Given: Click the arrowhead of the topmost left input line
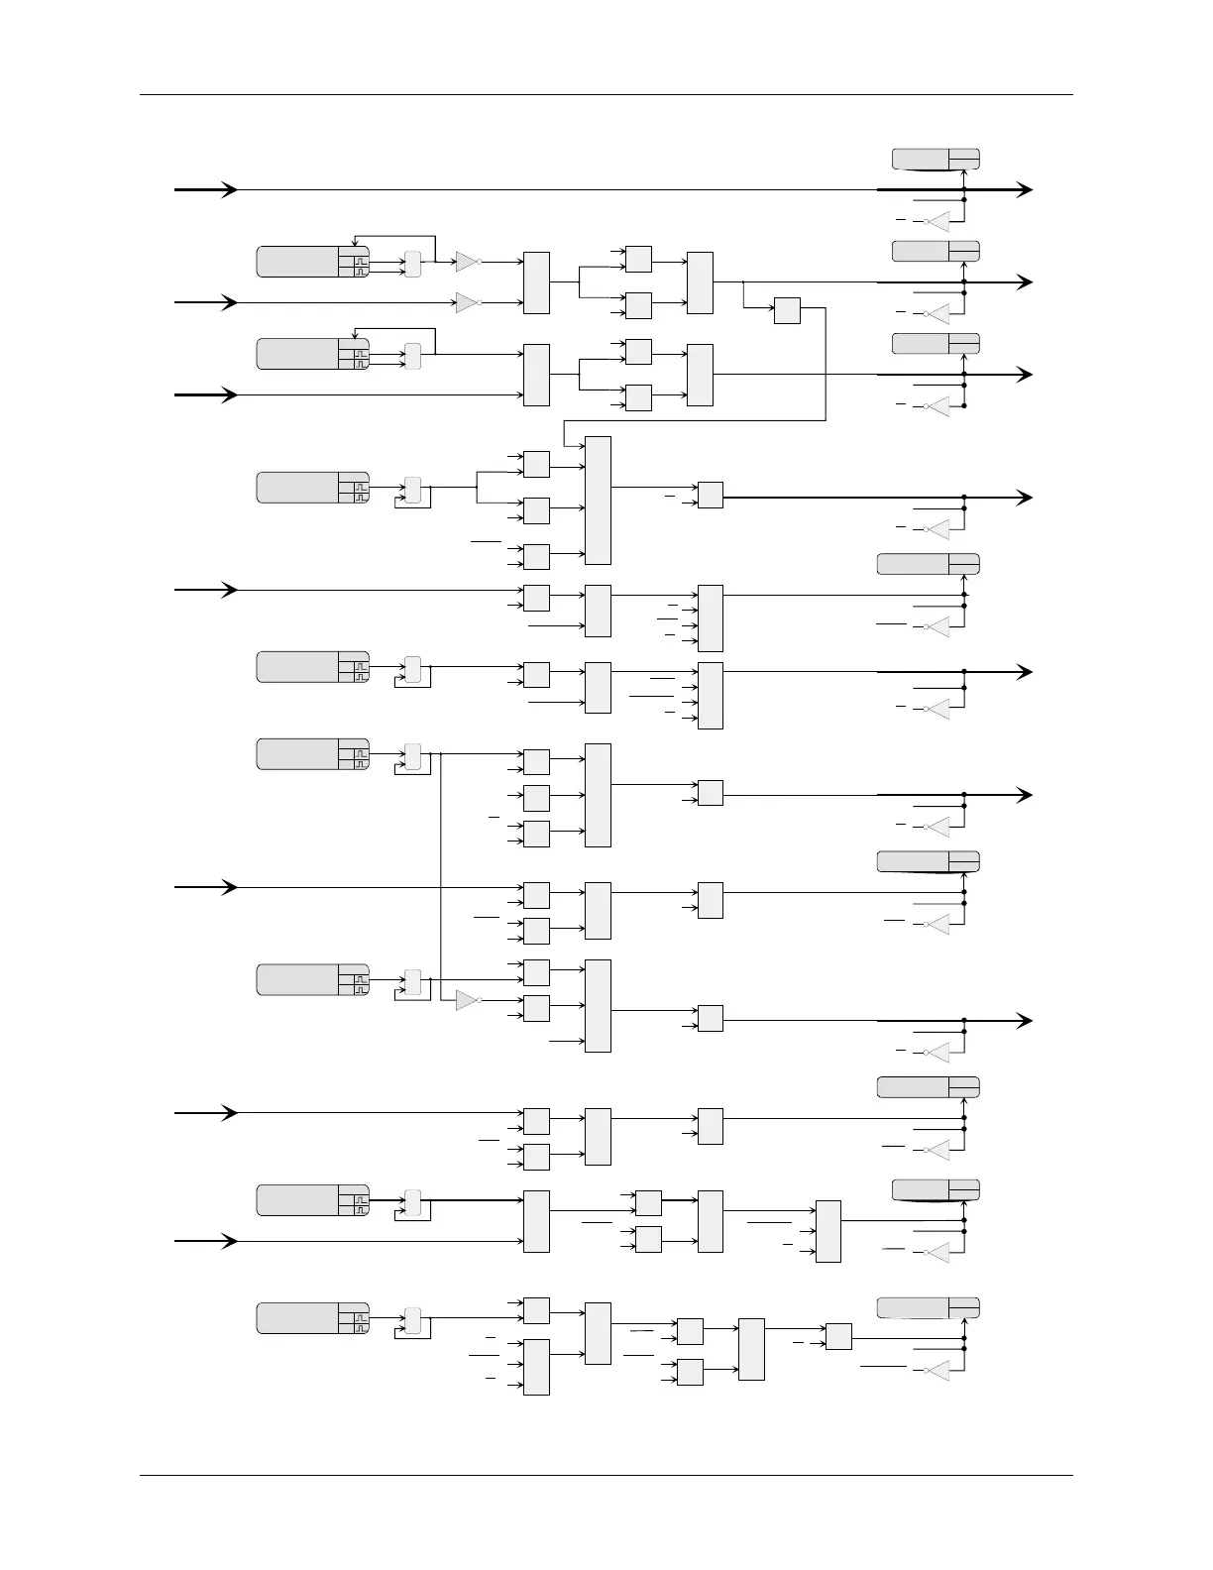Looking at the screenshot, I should tap(230, 189).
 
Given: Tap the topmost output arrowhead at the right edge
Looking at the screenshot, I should tap(1025, 189).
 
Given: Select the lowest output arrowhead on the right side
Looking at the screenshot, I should tap(1025, 1021).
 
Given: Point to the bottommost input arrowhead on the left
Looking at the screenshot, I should tap(230, 1241).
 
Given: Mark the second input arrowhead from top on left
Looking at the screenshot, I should tap(230, 302).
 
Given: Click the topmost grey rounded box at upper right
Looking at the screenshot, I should tap(936, 159).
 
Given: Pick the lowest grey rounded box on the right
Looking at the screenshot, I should tap(928, 1307).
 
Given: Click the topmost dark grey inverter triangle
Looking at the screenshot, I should tap(466, 262).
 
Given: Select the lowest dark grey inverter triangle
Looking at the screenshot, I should tap(466, 1000).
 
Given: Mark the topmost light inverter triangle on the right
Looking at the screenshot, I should tap(937, 221).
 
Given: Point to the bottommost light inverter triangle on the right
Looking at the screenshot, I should tap(937, 1371).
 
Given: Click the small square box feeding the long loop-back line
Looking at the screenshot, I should tap(787, 310).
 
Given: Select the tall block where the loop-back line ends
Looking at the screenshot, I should tap(598, 500).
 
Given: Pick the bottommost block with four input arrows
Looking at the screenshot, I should tap(535, 1367).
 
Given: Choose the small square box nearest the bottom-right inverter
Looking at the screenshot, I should tap(838, 1336).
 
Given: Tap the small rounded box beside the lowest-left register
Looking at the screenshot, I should tap(412, 1321).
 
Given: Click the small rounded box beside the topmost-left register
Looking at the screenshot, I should tap(412, 265).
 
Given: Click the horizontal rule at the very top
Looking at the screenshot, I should tap(606, 95).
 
